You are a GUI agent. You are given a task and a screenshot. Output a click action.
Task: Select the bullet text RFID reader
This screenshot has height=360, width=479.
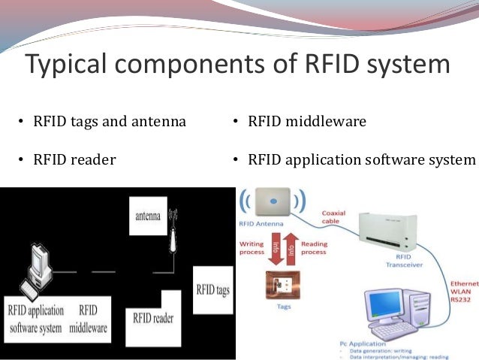tap(74, 159)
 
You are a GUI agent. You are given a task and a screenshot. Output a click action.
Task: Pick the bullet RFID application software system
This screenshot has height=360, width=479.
tap(361, 159)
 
